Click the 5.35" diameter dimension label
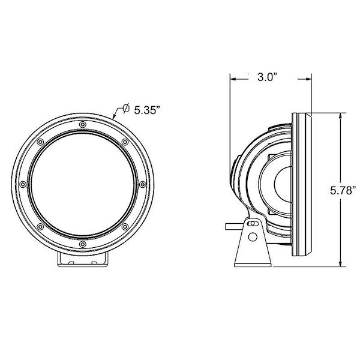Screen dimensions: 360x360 point(147,110)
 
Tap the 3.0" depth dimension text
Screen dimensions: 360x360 point(268,77)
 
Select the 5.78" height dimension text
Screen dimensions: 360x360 point(343,191)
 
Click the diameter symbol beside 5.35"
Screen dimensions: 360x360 point(126,108)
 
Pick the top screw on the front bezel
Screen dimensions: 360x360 point(83,125)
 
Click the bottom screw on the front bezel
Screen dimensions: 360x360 point(83,244)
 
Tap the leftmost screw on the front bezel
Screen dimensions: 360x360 point(23,184)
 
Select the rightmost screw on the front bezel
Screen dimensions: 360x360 point(142,184)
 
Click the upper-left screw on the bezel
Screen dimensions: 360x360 point(40,142)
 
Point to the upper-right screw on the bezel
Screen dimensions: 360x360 point(125,142)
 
